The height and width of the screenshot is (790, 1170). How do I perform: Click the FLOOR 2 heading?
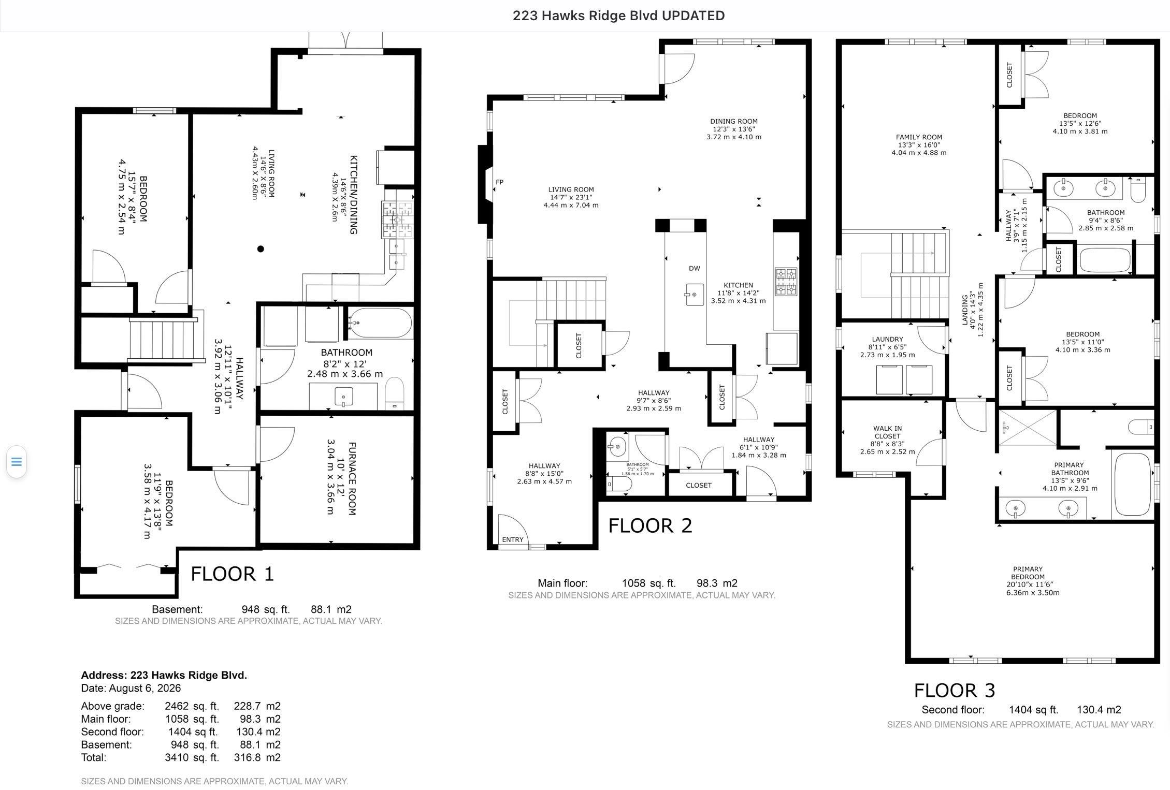click(650, 525)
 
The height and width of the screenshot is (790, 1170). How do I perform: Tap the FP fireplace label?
click(500, 182)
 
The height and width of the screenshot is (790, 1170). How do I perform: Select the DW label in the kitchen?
click(695, 268)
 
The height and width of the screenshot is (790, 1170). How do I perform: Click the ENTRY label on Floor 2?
click(513, 539)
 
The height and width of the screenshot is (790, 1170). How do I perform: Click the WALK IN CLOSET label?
click(888, 432)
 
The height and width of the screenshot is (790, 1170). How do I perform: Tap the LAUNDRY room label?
click(887, 340)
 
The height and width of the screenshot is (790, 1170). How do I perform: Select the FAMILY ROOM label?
click(919, 137)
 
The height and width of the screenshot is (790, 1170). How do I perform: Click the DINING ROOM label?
click(734, 121)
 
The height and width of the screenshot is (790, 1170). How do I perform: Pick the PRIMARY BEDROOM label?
click(1028, 573)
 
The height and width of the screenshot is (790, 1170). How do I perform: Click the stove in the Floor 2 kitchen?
click(785, 281)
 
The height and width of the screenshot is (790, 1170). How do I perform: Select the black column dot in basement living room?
click(261, 249)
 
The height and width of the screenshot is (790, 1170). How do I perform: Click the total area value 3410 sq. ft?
click(192, 757)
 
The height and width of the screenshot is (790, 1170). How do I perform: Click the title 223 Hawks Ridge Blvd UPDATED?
click(618, 16)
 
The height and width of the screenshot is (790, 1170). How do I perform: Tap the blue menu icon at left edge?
click(17, 461)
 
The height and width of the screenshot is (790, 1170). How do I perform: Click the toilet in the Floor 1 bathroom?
click(395, 394)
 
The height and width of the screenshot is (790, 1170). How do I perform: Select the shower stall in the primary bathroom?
click(1028, 428)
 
